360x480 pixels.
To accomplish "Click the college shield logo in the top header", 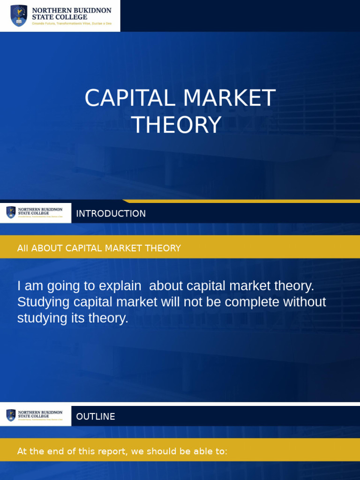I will point(19,15).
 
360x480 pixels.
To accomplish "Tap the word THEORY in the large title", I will point(176,125).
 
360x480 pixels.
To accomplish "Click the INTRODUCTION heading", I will point(111,214).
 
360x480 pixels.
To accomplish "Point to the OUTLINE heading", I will point(96,417).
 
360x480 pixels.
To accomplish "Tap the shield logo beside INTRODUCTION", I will point(11,213).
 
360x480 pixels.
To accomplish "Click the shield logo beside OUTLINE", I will point(11,415).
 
